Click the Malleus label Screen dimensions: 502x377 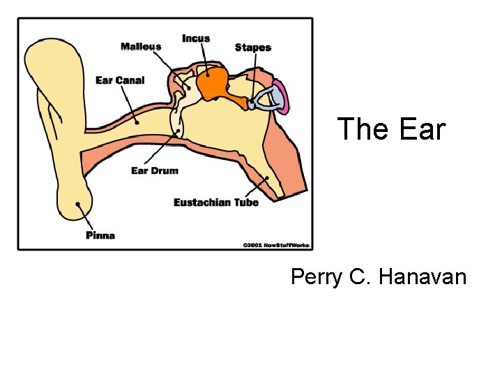click(141, 47)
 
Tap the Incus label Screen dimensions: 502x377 click(196, 38)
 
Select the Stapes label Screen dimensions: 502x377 click(252, 47)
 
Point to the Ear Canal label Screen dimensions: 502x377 click(120, 80)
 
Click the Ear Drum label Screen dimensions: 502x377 click(155, 170)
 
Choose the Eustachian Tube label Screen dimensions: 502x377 click(216, 202)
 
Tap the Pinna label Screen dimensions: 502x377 click(100, 235)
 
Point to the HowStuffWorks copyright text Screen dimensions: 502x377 click(276, 245)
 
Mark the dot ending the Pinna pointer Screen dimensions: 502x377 click(79, 205)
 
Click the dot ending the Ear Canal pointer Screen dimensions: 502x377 click(138, 121)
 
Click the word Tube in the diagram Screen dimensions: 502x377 click(245, 202)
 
